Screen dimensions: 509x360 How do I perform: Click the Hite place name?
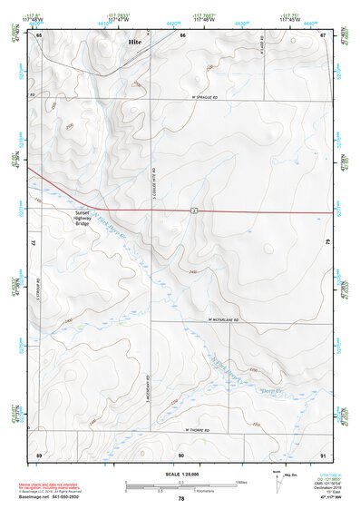[136, 42]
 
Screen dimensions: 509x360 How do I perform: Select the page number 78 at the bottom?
[181, 498]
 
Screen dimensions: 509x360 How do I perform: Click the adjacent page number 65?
[39, 34]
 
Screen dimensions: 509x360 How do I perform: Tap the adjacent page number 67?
[323, 34]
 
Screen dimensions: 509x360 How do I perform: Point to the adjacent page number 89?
[39, 453]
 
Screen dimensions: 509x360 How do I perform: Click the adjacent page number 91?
[323, 453]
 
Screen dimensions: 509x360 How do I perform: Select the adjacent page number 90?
[181, 453]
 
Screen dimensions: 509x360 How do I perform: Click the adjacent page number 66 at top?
[182, 34]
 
